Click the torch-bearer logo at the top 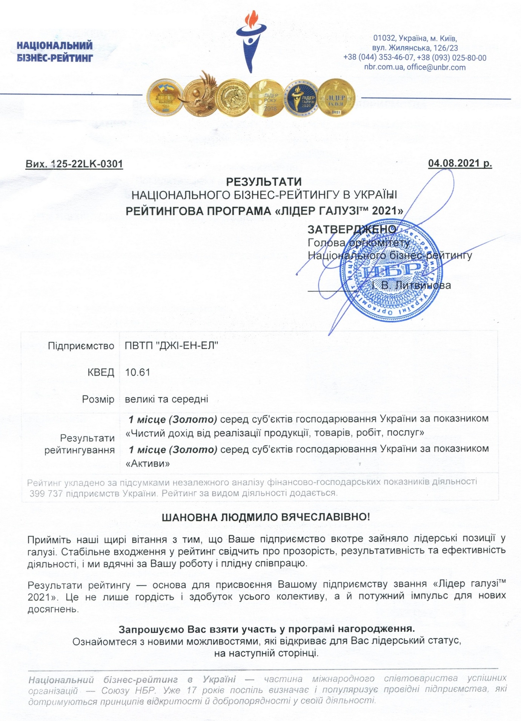pyautogui.click(x=251, y=42)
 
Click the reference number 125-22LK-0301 pyautogui.click(x=86, y=164)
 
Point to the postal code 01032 pyautogui.click(x=384, y=39)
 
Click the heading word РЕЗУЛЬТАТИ pyautogui.click(x=264, y=182)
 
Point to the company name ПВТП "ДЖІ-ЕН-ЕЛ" pyautogui.click(x=172, y=346)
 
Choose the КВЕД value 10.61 pyautogui.click(x=138, y=372)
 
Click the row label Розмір pyautogui.click(x=98, y=399)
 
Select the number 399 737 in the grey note pyautogui.click(x=46, y=493)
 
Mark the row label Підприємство pyautogui.click(x=81, y=346)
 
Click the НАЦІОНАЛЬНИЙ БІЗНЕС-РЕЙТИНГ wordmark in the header pyautogui.click(x=55, y=52)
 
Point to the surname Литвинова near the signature pyautogui.click(x=424, y=285)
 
